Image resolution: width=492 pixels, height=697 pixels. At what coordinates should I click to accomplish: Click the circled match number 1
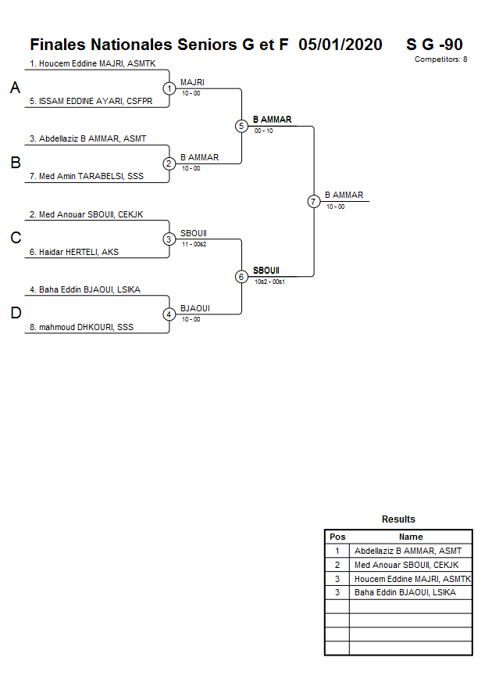(x=169, y=88)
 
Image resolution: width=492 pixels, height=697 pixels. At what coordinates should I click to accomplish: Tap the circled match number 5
(x=241, y=126)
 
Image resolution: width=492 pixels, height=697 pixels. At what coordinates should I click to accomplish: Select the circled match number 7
(x=313, y=201)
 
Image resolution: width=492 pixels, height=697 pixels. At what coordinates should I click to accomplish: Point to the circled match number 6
(x=241, y=276)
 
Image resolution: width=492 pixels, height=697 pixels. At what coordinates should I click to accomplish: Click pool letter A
(x=15, y=88)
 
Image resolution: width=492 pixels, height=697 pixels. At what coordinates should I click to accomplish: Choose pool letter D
(x=15, y=314)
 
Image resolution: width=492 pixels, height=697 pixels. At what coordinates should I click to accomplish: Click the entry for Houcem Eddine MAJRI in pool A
(x=93, y=63)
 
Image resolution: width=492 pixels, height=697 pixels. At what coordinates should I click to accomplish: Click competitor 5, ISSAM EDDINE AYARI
(x=91, y=101)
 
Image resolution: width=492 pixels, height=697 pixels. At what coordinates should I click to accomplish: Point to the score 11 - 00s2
(x=194, y=243)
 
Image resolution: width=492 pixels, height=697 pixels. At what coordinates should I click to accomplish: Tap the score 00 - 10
(x=264, y=131)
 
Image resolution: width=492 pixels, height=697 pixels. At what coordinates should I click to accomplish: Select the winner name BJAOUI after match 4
(x=194, y=308)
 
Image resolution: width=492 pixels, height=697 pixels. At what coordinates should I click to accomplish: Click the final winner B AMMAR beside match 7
(x=344, y=196)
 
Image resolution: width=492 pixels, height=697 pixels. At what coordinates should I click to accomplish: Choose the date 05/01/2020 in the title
(x=340, y=45)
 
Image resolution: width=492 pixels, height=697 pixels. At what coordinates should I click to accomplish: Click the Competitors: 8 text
(x=441, y=59)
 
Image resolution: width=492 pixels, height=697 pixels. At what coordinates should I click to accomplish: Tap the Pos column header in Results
(x=337, y=537)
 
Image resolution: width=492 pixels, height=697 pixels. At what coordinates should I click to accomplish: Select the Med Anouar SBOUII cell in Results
(x=406, y=565)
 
